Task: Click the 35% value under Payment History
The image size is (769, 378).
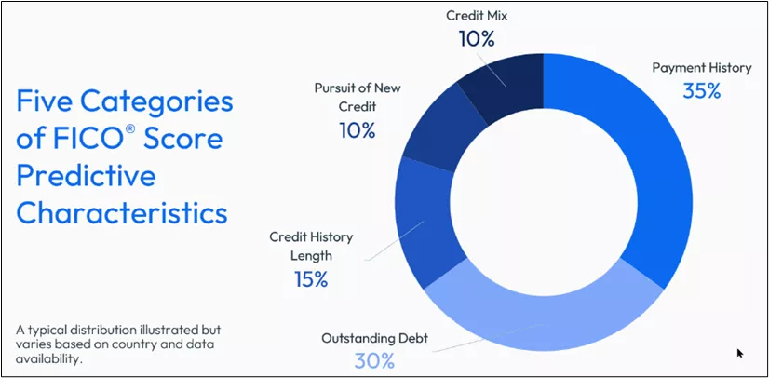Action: tap(701, 90)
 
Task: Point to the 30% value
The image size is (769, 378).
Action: tap(374, 361)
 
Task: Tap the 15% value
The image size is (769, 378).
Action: tap(310, 279)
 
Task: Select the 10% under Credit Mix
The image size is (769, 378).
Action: tap(477, 39)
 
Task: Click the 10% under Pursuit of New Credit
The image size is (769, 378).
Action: tap(358, 130)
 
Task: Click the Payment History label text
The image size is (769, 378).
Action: tap(701, 68)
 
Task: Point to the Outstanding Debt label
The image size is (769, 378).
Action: tap(374, 338)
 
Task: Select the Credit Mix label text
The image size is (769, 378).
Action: tap(477, 15)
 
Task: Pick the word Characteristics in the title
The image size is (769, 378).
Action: tap(122, 213)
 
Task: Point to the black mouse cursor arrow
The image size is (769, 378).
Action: tap(740, 353)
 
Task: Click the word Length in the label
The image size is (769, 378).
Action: tap(312, 256)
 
